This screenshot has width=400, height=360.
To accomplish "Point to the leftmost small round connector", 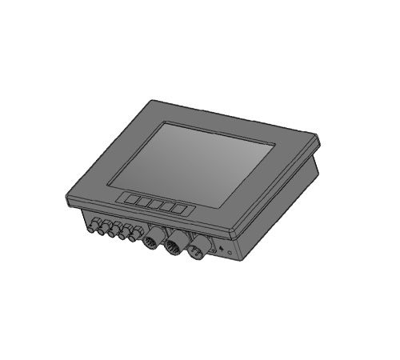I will tap(89, 227).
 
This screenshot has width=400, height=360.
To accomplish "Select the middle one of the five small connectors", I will tap(112, 234).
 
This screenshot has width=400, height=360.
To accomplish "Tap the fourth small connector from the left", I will tap(122, 235).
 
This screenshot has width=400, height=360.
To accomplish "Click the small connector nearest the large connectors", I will tap(134, 238).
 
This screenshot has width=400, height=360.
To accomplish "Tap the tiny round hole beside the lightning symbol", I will tap(230, 254).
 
